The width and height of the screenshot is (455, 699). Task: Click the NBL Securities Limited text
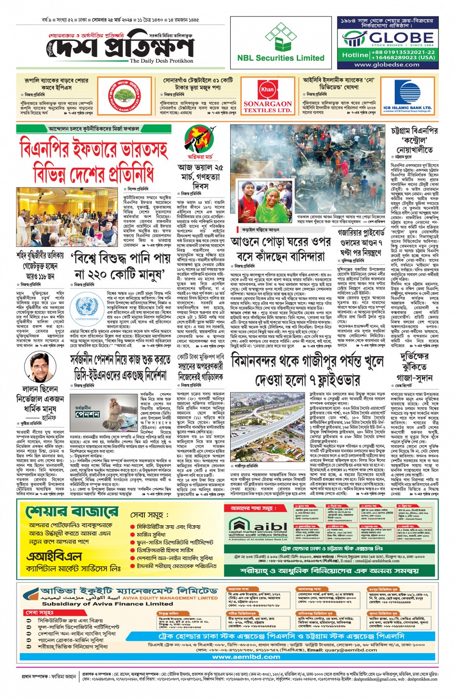coord(281,58)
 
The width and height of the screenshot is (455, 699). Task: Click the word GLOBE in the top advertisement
coord(401,38)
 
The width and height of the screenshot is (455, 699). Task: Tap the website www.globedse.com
coord(387,65)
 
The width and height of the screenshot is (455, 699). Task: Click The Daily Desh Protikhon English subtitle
coord(161,61)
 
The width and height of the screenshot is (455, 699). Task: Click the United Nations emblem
coord(87,308)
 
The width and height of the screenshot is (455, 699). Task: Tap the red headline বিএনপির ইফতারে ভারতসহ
coord(93,148)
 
